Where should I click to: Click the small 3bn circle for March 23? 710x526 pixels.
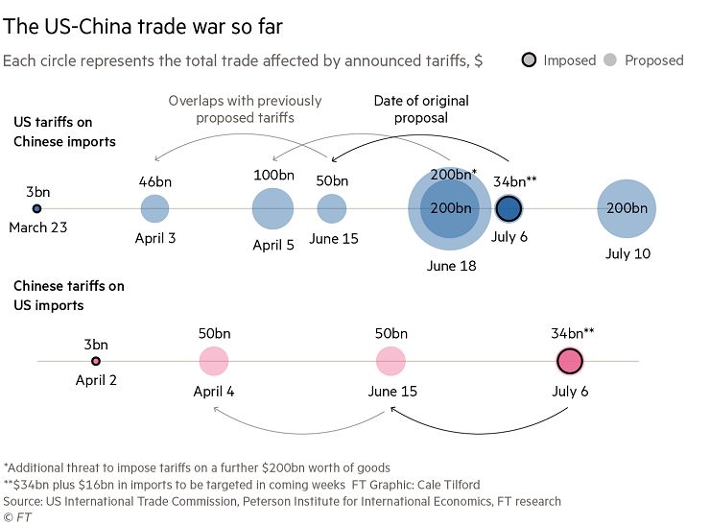(x=36, y=208)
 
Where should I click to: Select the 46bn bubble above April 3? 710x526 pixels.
(x=154, y=208)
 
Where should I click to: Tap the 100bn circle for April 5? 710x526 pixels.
(x=272, y=208)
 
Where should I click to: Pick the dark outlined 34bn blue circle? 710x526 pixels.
(x=509, y=208)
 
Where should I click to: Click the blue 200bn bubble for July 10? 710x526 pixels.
(x=627, y=208)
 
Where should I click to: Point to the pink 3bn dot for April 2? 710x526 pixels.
(x=96, y=361)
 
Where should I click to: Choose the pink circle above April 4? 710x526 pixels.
(x=214, y=361)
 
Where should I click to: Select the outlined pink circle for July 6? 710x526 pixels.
(x=570, y=361)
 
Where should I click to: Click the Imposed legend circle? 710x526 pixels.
(x=529, y=60)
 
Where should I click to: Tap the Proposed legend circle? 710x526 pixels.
(x=610, y=60)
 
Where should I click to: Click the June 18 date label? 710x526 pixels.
(x=452, y=266)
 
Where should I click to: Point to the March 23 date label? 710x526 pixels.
(x=38, y=227)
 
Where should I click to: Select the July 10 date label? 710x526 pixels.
(x=628, y=253)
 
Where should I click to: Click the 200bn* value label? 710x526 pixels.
(x=453, y=175)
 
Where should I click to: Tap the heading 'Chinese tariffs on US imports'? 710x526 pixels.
(x=69, y=296)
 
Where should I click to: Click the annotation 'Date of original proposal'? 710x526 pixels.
(x=421, y=109)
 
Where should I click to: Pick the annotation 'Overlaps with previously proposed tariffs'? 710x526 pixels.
(x=245, y=109)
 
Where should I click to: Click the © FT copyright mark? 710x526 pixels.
(x=17, y=517)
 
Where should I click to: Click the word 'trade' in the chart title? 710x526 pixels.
(x=162, y=26)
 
